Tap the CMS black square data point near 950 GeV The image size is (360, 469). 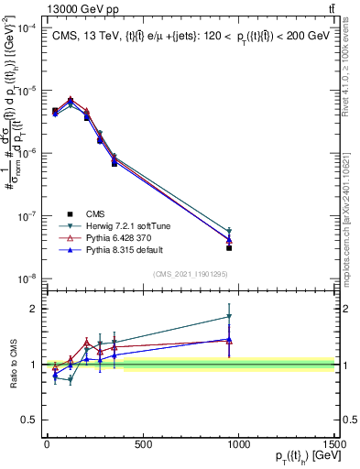[x=229, y=247]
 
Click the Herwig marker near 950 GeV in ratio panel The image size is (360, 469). [x=229, y=317]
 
